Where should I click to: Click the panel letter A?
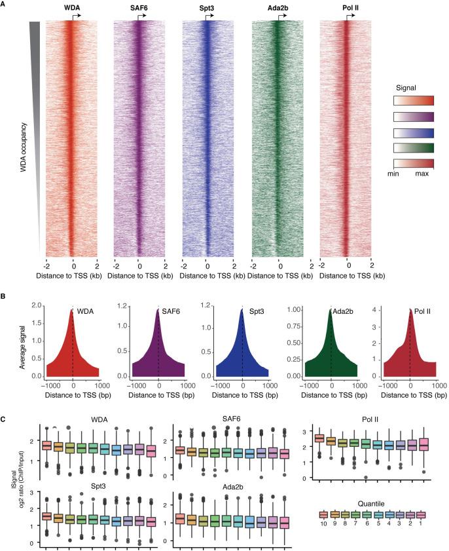5,5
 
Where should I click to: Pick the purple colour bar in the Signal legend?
413,117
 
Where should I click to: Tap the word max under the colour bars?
422,175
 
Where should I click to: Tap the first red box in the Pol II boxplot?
319,438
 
